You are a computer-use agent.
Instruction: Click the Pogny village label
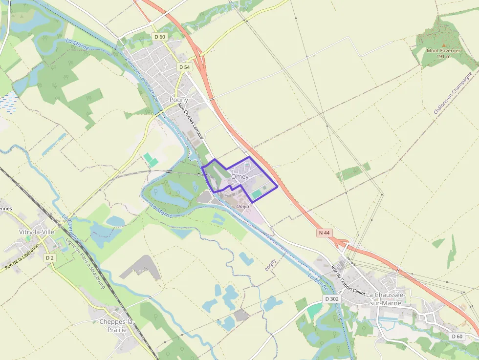178,100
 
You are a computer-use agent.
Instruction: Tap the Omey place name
239,176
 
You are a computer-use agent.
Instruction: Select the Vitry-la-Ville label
36,232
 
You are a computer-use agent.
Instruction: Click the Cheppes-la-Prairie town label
116,326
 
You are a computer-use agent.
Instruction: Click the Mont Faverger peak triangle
444,44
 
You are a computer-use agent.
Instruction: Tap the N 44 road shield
324,233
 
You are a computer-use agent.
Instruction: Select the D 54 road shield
184,67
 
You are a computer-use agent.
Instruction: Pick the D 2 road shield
49,257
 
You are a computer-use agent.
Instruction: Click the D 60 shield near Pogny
160,37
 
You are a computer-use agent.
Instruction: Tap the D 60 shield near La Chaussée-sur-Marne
457,336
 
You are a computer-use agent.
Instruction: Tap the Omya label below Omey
242,207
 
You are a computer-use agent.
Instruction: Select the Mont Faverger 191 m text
443,53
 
